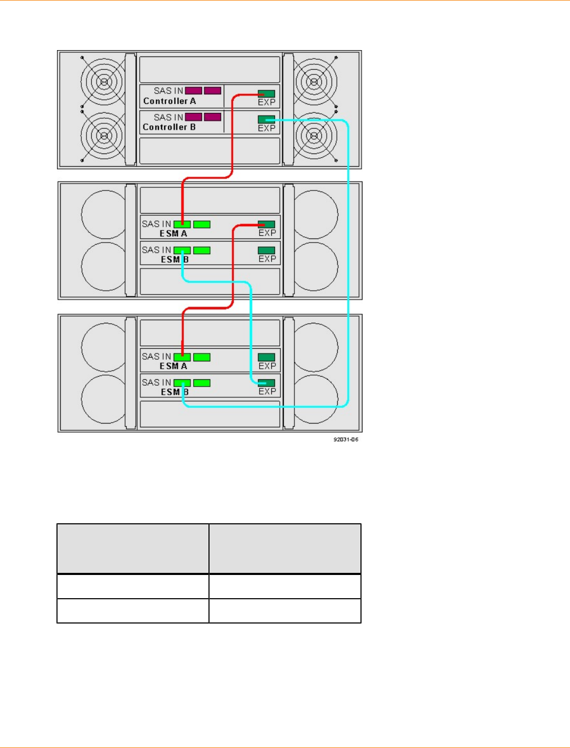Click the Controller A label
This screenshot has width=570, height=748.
pos(169,101)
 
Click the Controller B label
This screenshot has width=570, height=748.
pos(169,127)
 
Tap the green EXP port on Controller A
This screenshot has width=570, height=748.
pos(267,93)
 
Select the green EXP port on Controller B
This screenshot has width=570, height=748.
pos(267,119)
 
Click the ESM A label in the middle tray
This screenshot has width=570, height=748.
pos(173,234)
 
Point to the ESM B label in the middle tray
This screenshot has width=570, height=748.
pos(175,260)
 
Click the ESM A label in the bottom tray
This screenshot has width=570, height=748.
pos(173,366)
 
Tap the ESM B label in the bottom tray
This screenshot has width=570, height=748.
pos(175,392)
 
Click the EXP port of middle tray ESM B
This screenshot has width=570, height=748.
pos(267,250)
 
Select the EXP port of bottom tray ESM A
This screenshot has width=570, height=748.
pos(267,357)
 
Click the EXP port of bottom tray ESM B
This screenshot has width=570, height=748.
pos(267,382)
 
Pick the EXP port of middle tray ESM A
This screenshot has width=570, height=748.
pos(267,224)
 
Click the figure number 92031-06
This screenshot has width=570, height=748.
pos(346,439)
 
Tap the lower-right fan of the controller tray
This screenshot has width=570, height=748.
pos(315,136)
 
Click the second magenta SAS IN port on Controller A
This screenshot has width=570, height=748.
pos(212,91)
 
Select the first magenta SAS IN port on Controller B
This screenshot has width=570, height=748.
pos(193,117)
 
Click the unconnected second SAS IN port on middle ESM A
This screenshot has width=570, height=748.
pos(202,224)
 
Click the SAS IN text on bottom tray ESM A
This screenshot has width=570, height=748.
pos(156,357)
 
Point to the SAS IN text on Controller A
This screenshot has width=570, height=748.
pos(168,91)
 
